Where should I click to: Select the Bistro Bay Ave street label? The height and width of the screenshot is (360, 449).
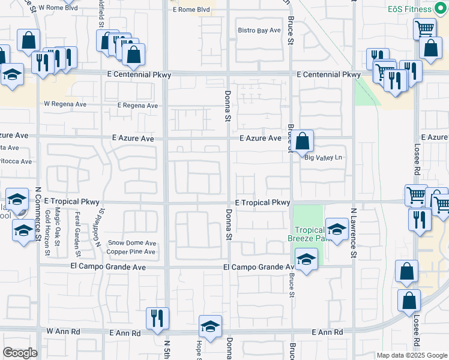coord(259,30)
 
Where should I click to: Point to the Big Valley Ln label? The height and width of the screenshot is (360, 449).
coord(323,158)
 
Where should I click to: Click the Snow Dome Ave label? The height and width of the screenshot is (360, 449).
coord(132,243)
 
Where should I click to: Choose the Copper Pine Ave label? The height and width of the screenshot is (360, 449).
coord(132,251)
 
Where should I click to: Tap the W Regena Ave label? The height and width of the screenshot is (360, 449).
coord(65,104)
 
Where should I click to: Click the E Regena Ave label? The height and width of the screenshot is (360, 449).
coord(137,106)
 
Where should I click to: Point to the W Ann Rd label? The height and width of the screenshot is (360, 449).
coord(63,331)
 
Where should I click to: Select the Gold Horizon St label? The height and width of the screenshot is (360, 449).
coord(47,231)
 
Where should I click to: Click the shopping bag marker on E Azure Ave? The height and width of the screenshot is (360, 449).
coord(304,142)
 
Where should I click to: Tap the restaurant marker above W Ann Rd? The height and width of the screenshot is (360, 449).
coord(157,318)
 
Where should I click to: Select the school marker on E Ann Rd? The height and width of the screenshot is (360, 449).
coord(210,327)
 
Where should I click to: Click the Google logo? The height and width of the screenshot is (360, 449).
coord(20,353)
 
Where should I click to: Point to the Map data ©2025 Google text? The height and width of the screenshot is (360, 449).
coord(411,355)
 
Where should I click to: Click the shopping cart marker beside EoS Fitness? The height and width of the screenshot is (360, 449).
coord(424,27)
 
